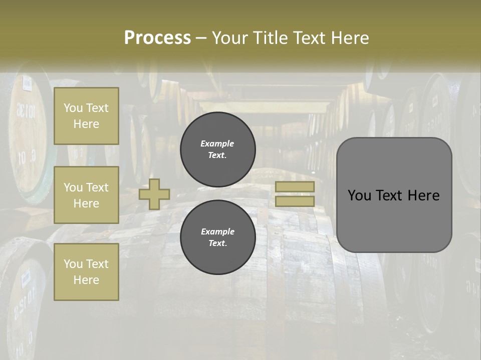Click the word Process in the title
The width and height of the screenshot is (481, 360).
(x=157, y=38)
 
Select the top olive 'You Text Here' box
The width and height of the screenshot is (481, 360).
(x=86, y=116)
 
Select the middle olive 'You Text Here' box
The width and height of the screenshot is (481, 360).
(x=86, y=195)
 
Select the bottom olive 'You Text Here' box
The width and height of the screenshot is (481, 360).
(x=86, y=271)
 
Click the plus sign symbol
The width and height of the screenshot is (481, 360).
(x=154, y=194)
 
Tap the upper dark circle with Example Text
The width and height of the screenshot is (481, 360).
(x=217, y=149)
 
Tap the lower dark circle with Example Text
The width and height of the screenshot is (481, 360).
(x=217, y=237)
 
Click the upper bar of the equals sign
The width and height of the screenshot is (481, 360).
(x=295, y=187)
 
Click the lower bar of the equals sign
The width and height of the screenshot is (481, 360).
(x=295, y=201)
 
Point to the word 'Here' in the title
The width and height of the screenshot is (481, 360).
(x=351, y=38)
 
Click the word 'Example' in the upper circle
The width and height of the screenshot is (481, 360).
(x=217, y=143)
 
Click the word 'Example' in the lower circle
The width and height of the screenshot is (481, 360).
(x=217, y=231)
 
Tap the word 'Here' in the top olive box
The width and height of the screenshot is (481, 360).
(x=86, y=124)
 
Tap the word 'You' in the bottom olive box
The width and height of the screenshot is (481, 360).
(x=73, y=264)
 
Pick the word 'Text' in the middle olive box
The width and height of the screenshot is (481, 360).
(x=97, y=187)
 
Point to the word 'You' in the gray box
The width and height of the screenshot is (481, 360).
(x=359, y=195)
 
